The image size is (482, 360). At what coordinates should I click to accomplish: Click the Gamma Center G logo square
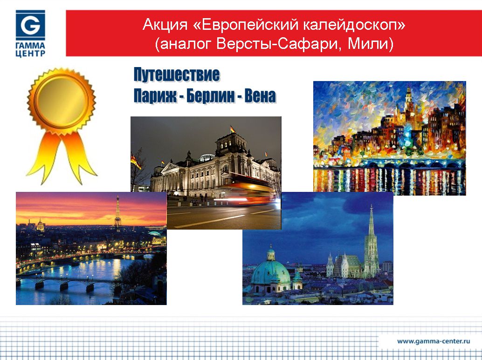[x=30, y=25]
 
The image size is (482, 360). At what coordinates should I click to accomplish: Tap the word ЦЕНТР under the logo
[x=30, y=54]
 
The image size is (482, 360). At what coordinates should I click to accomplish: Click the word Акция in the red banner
[x=165, y=25]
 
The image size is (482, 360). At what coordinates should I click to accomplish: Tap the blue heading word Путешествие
[x=177, y=75]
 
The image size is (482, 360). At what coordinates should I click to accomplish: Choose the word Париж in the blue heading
[x=155, y=96]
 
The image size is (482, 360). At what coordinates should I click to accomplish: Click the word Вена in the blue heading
[x=261, y=96]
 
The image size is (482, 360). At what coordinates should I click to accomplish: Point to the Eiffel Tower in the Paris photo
[x=117, y=212]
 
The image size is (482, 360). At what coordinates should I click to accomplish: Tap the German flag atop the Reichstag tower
[x=233, y=129]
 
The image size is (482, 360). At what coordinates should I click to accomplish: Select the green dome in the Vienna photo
[x=270, y=270]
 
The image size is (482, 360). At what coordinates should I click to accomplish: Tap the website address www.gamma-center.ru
[x=434, y=341]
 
